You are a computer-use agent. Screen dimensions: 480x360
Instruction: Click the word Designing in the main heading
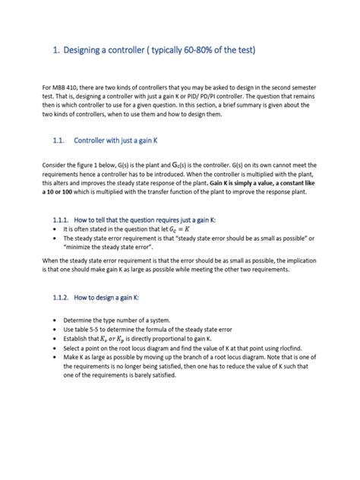point(87,51)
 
